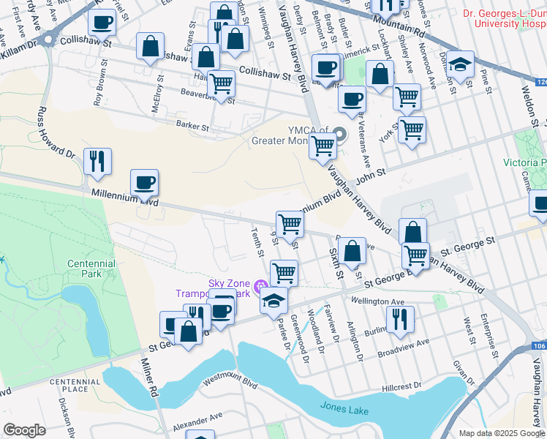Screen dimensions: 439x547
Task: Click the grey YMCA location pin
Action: [339, 134]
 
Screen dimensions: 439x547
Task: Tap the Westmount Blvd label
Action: [231, 381]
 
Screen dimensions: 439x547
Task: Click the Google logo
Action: [24, 430]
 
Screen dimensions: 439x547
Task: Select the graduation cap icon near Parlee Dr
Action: [273, 299]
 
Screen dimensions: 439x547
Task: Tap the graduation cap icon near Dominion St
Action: [461, 65]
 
